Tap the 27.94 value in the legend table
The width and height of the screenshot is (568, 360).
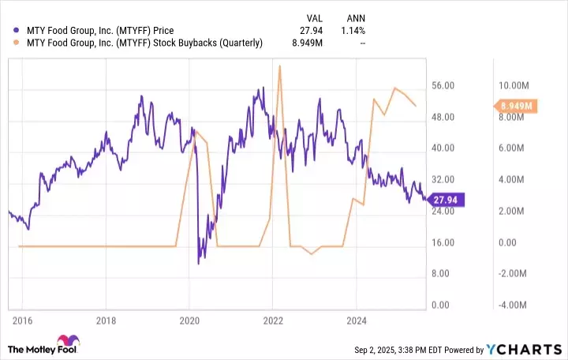click(x=314, y=31)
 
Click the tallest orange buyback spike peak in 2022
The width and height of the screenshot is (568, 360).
click(x=280, y=66)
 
